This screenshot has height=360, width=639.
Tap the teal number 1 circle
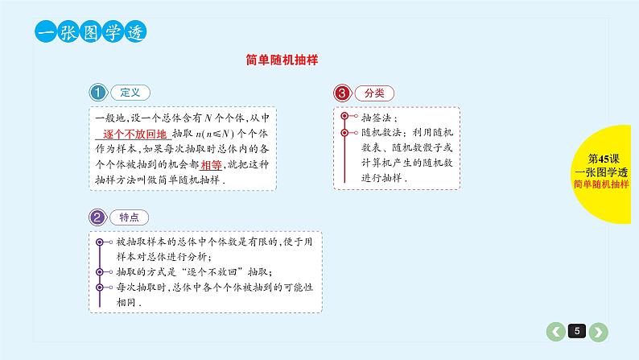(98, 93)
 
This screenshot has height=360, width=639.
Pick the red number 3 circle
(343, 93)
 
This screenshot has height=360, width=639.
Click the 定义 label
(129, 93)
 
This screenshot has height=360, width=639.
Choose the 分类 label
(374, 93)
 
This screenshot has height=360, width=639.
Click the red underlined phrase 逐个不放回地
(135, 134)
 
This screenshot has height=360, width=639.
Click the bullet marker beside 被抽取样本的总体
(99, 242)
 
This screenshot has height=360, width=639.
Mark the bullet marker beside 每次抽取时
(99, 286)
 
